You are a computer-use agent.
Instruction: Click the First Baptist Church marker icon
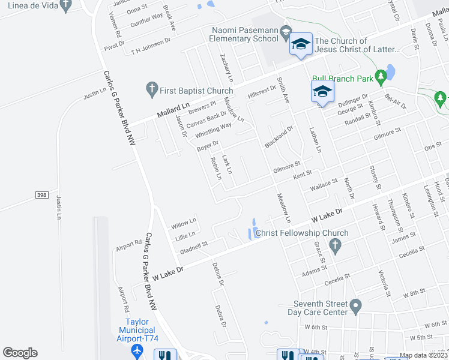coord(152,91)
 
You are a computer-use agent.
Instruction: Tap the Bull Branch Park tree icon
coord(380,77)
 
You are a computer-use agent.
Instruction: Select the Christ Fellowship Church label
coord(302,233)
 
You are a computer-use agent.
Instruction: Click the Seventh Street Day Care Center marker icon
coord(355,307)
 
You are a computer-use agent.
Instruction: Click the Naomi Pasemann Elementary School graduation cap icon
coord(286,32)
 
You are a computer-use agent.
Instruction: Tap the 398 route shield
coord(41,195)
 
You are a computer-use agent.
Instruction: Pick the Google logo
coord(20,353)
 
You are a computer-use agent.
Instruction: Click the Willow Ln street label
coord(184,224)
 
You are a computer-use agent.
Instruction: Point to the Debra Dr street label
coord(221,317)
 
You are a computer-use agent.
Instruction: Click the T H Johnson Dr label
coord(151,46)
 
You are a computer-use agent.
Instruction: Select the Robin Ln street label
coord(215,169)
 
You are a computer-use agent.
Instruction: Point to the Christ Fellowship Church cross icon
coord(336,245)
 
